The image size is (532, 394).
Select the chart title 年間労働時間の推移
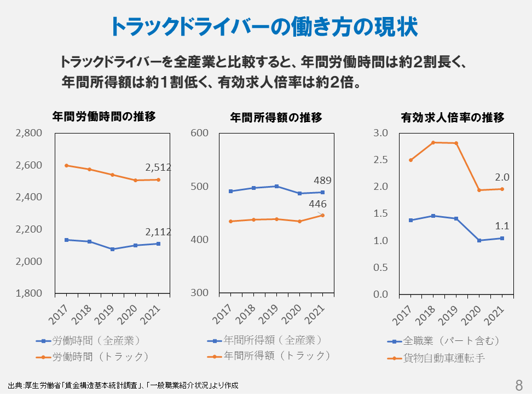coord(104,116)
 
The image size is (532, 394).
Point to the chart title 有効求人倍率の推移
coord(453,117)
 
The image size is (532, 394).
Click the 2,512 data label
coord(158,167)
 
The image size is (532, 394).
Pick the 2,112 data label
coord(158,232)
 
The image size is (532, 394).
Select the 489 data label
coord(322,181)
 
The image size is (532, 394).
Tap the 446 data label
coord(317,204)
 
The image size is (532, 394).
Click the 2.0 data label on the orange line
coord(502,177)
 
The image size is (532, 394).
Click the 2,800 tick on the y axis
coord(29,133)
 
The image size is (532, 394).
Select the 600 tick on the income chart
coord(200,133)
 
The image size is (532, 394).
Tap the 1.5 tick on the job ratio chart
coord(380,214)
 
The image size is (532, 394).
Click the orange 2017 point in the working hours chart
coord(66,165)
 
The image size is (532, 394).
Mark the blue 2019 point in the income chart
coord(276,186)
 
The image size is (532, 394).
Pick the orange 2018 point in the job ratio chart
coord(433,142)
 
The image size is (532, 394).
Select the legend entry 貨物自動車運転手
coord(444,358)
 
